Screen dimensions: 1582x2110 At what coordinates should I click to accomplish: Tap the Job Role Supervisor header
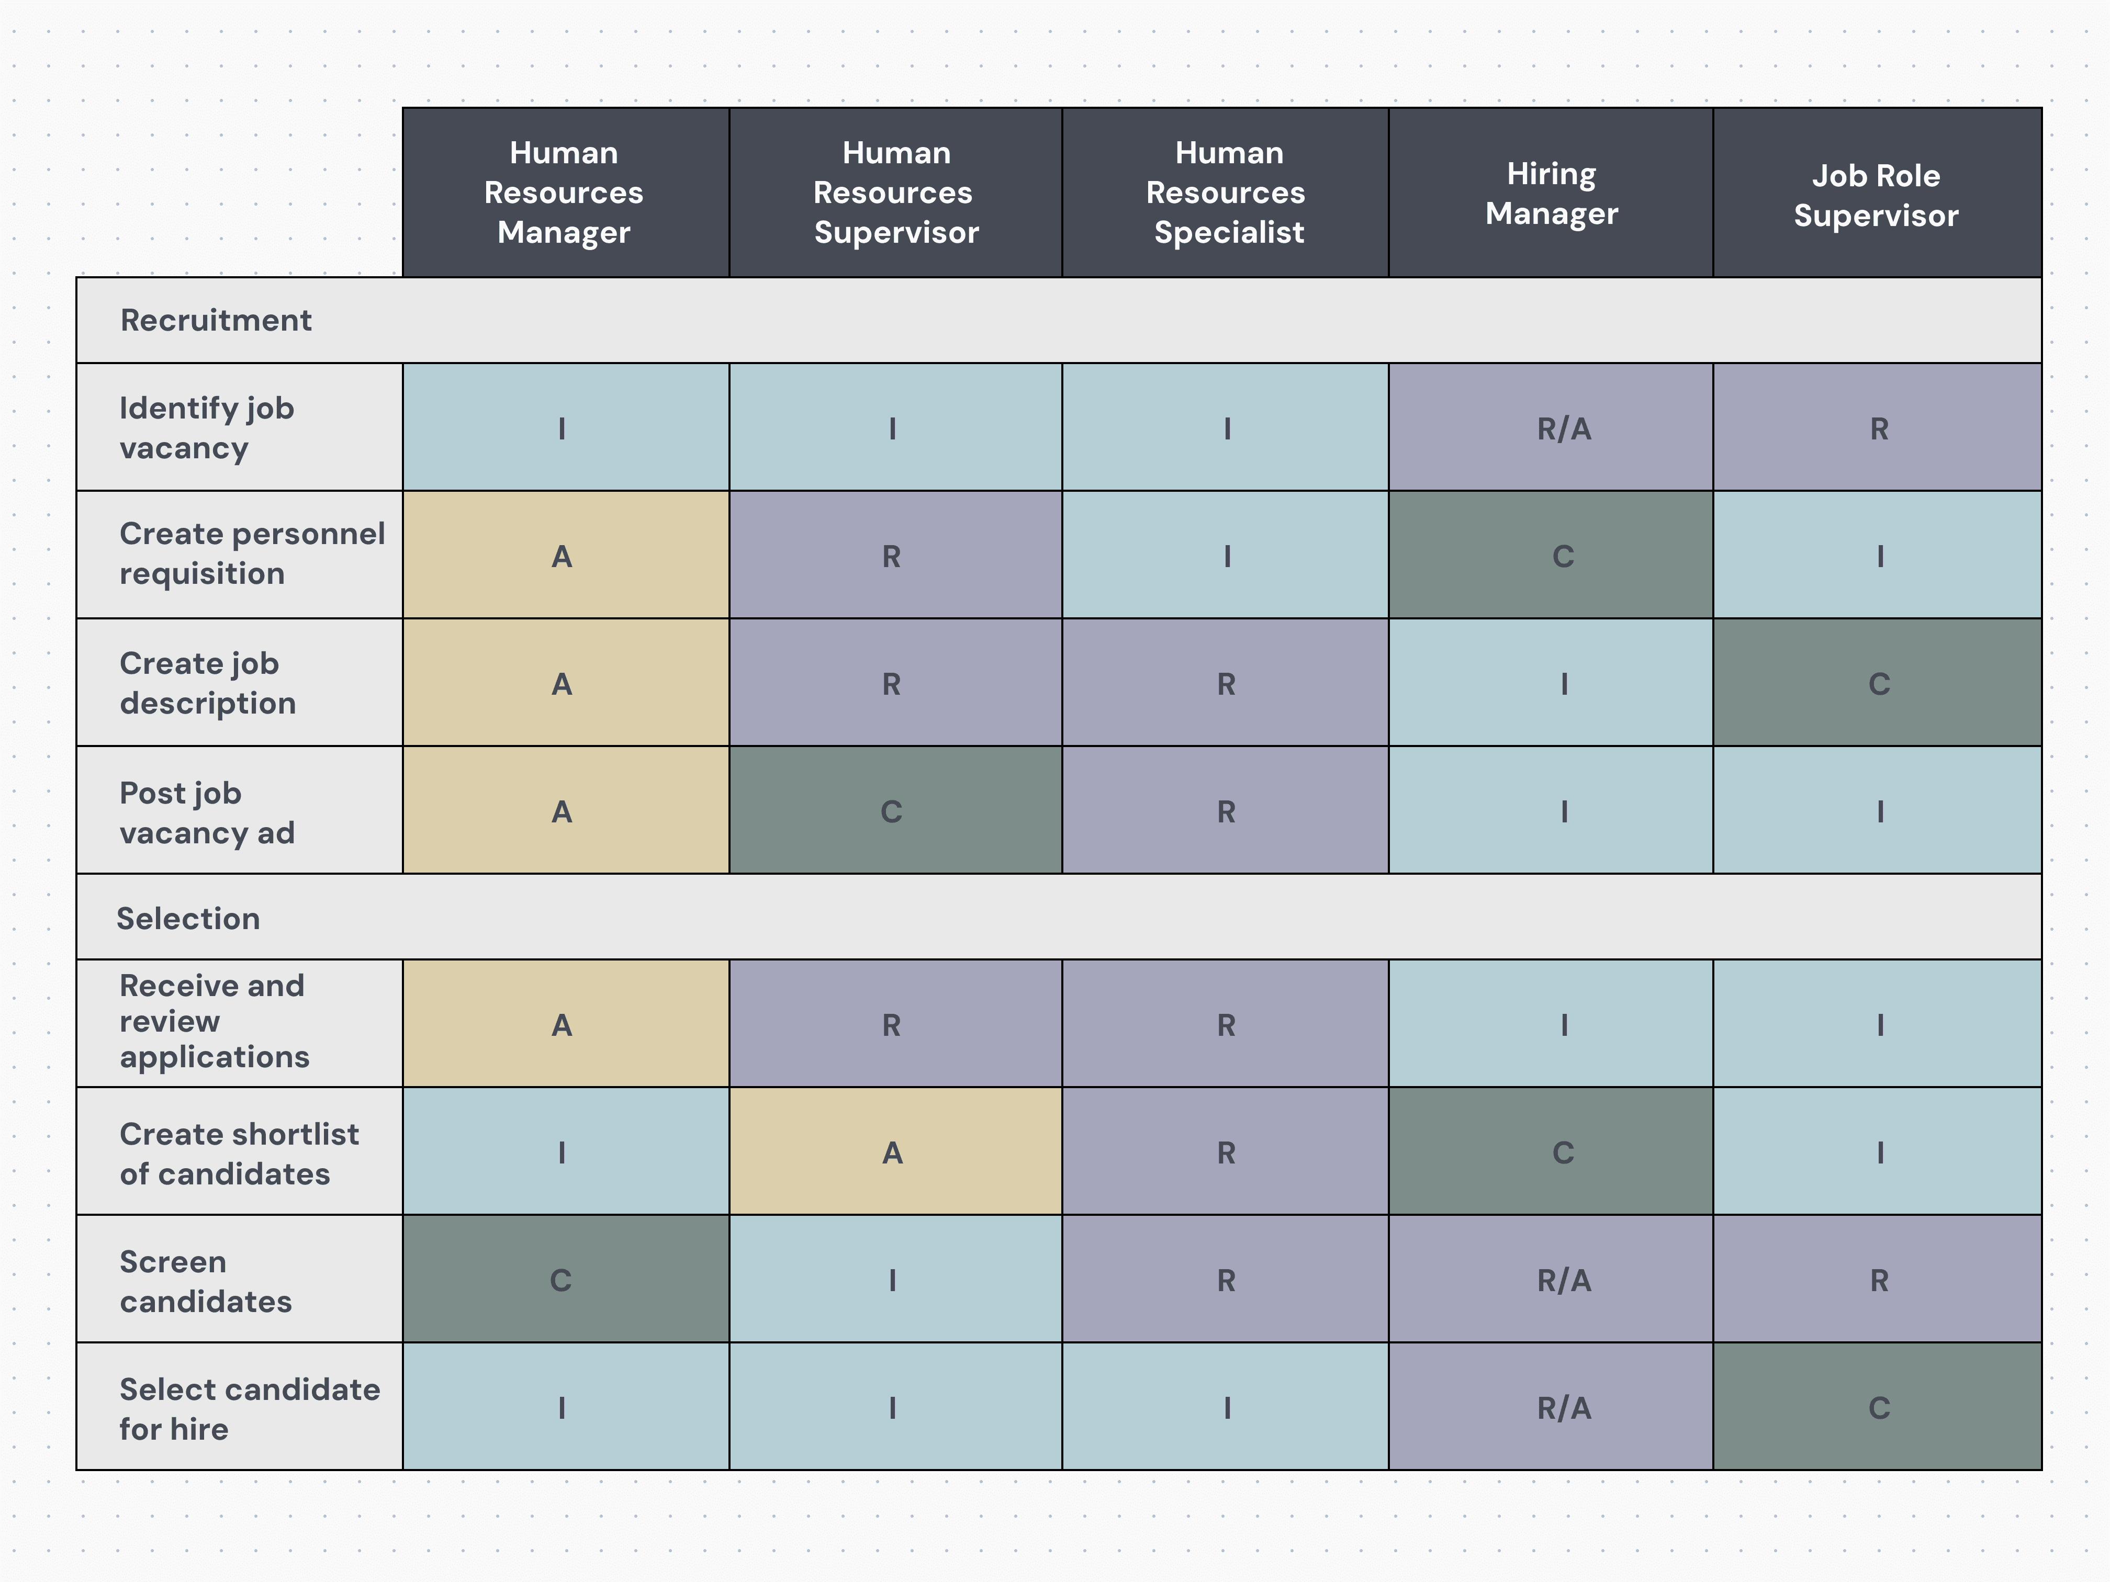pos(1876,195)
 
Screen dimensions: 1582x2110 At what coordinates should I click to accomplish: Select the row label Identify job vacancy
pos(207,427)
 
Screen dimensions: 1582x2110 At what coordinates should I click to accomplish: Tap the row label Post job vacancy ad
pos(207,812)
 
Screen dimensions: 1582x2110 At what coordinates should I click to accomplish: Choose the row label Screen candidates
pos(206,1281)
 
